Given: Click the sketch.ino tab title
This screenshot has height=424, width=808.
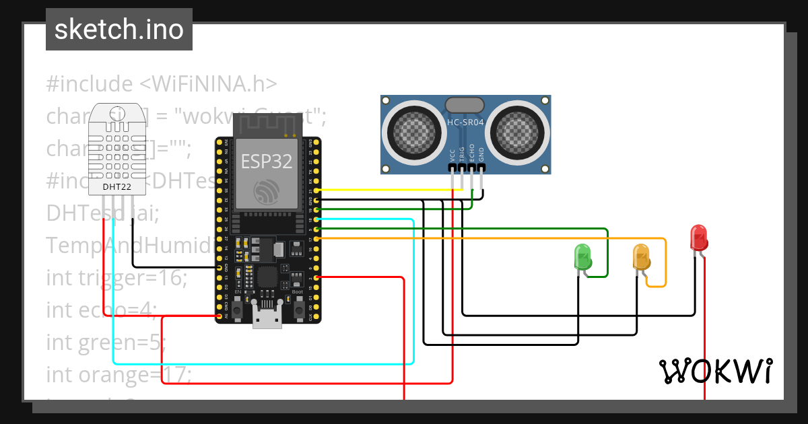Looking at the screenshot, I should point(119,30).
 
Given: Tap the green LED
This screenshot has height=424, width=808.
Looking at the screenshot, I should point(582,256).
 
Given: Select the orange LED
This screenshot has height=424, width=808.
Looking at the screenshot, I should point(640,256).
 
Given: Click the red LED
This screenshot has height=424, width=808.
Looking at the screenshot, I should point(699,238).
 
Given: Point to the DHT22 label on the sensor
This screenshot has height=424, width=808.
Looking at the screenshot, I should point(116,186).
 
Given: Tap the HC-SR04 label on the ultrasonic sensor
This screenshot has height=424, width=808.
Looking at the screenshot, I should point(465,122).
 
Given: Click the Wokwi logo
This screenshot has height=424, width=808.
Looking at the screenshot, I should point(715,371).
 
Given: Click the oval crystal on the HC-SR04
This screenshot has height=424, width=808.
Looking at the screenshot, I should point(464,104).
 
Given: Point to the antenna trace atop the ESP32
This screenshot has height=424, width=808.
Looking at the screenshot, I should point(267,125).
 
